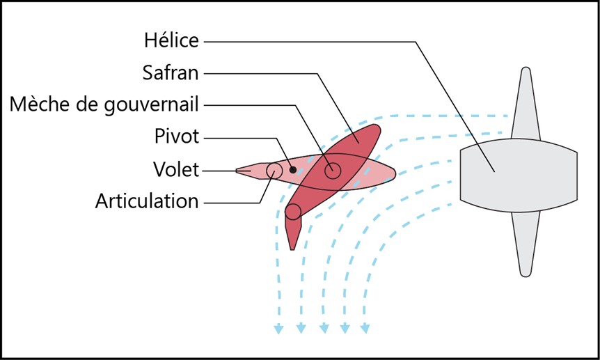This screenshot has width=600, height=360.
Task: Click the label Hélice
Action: tap(171, 41)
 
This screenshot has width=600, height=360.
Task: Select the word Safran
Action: tap(171, 73)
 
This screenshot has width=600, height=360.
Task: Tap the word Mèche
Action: tap(35, 104)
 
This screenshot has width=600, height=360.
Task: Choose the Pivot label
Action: tap(177, 136)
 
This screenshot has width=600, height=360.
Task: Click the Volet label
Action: tap(176, 169)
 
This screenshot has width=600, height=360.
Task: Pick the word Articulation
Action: tap(147, 201)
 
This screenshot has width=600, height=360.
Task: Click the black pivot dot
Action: tap(292, 170)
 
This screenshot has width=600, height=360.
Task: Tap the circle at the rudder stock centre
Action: tap(333, 170)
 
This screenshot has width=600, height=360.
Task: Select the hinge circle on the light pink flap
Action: tap(274, 170)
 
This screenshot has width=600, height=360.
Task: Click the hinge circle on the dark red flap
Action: tap(293, 212)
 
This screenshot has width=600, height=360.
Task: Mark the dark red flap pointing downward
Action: tap(292, 233)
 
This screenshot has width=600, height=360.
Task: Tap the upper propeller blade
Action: tap(526, 104)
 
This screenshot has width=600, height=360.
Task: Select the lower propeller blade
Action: tap(526, 244)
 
